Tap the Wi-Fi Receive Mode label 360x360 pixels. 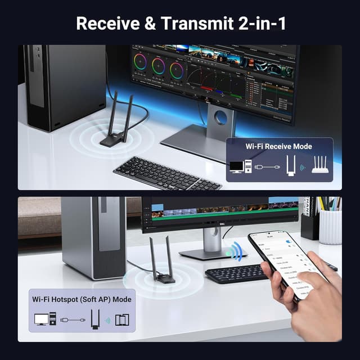[x=278, y=146]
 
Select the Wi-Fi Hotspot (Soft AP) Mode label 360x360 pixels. [x=82, y=299]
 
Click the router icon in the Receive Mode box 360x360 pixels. [x=322, y=166]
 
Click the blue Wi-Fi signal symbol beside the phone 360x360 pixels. [x=233, y=250]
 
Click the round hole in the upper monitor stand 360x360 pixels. [x=220, y=118]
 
